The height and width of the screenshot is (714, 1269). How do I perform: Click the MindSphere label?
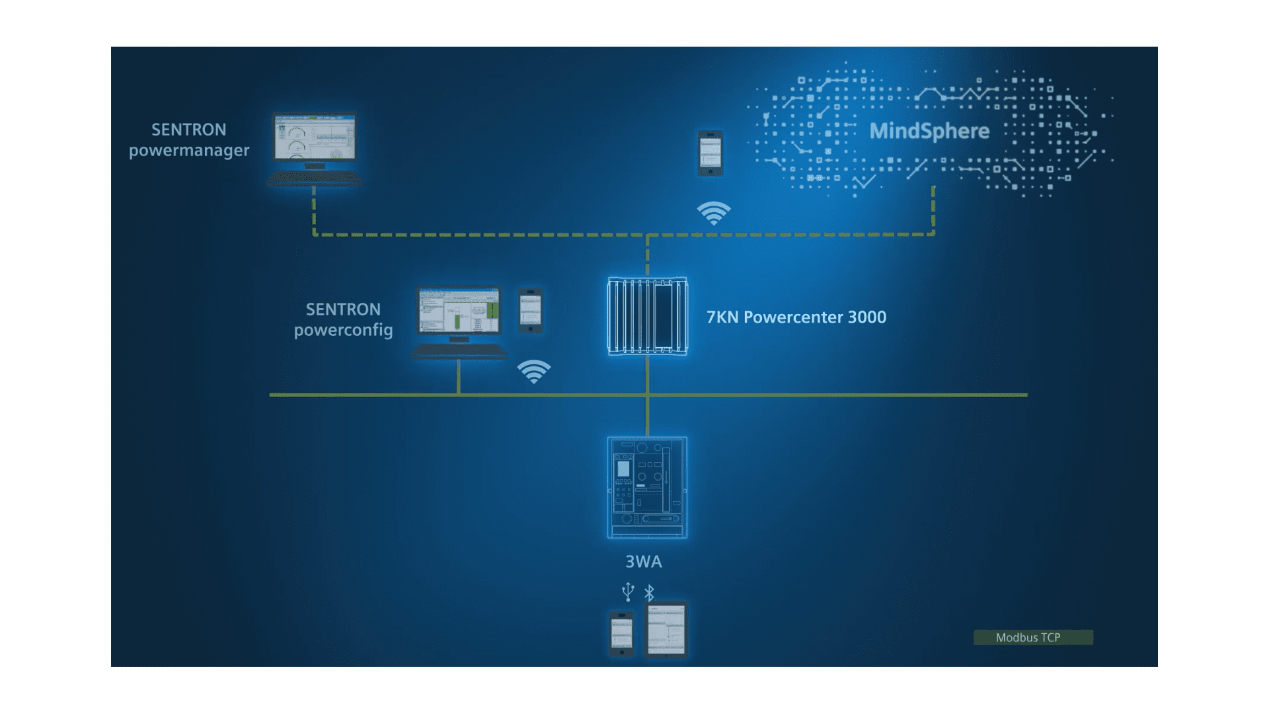[x=929, y=131]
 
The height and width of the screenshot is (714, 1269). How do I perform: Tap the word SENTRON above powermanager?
[x=189, y=130]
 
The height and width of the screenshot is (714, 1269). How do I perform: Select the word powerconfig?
[x=343, y=330]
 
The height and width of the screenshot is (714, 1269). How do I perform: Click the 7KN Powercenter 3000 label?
[x=796, y=317]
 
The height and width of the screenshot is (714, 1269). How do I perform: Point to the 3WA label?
[x=644, y=562]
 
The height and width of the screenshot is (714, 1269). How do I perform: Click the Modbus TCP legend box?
[x=1033, y=637]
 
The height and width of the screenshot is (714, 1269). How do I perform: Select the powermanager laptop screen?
[x=315, y=138]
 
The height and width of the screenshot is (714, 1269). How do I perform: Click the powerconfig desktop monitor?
[x=459, y=311]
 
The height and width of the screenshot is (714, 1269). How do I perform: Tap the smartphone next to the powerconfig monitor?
[x=530, y=310]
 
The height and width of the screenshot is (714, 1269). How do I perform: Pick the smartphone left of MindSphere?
[x=711, y=153]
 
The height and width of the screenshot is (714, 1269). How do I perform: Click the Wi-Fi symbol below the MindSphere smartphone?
[x=714, y=213]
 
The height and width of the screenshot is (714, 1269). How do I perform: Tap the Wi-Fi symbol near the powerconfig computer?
[x=534, y=371]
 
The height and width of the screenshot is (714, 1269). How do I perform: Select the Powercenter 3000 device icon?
[x=647, y=316]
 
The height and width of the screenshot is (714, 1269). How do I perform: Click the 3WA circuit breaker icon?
[x=647, y=487]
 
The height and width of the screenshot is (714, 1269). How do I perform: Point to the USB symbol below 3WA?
[x=628, y=592]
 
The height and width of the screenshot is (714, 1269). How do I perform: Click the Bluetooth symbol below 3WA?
[x=650, y=593]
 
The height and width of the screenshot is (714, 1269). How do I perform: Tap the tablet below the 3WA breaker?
[x=666, y=629]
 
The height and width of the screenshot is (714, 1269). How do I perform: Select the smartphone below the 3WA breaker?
[x=621, y=633]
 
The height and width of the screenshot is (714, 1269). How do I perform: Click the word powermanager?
[x=189, y=151]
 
